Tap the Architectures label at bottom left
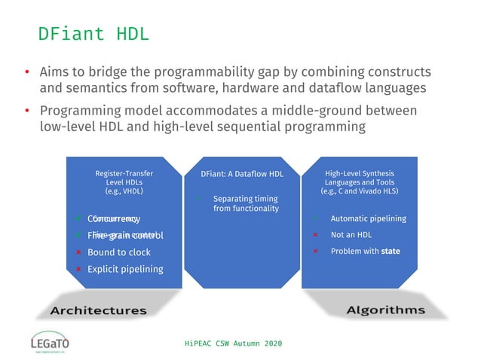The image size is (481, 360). pos(98,310)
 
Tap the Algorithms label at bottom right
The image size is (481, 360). pos(386,310)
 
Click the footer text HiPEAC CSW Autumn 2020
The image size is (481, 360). pos(233,343)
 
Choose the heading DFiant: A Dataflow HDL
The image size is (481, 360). pos(242,173)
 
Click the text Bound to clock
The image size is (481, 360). pos(118,252)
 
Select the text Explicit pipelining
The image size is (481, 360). pos(124,269)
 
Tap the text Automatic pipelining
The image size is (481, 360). pos(368,218)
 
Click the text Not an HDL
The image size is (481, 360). pos(351,235)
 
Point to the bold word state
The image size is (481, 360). pos(391,251)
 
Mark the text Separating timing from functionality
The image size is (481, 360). pos(246,203)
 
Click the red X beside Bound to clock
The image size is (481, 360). pos(78,252)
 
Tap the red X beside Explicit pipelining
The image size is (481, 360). pos(78,269)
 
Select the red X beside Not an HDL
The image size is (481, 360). pos(315,235)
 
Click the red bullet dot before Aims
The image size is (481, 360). pos(26,73)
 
